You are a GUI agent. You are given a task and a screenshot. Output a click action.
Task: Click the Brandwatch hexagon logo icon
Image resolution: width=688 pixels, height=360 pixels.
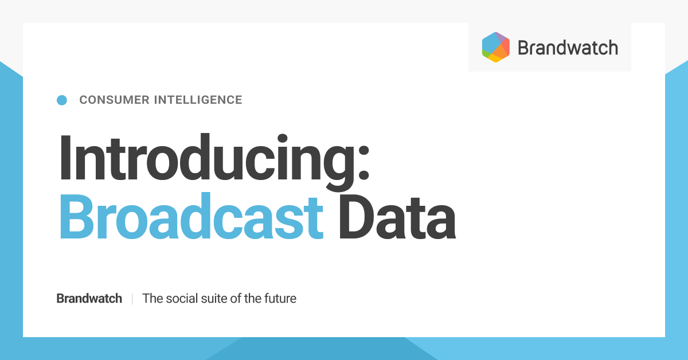(x=496, y=47)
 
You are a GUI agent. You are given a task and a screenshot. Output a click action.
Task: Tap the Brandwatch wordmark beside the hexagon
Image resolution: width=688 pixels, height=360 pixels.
(x=568, y=48)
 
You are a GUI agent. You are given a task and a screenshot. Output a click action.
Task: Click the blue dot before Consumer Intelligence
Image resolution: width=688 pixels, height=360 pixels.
(x=62, y=100)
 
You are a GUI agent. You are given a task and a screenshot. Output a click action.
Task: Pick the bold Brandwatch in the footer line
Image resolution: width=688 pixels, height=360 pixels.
(x=89, y=299)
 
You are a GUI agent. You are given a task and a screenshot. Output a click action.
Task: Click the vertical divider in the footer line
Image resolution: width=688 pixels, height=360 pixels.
(x=132, y=299)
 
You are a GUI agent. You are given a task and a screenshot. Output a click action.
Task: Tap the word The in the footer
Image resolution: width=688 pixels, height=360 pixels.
(x=153, y=299)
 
